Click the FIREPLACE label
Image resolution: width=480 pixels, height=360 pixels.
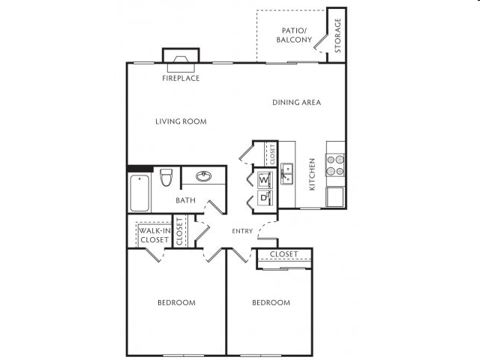(x=181, y=78)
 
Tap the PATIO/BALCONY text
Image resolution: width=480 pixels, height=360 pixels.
(x=293, y=34)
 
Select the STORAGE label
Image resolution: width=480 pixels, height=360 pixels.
(x=337, y=35)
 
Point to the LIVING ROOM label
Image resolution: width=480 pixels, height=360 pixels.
(x=181, y=121)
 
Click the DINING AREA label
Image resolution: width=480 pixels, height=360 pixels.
(x=296, y=102)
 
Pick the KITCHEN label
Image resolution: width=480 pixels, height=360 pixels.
(x=312, y=174)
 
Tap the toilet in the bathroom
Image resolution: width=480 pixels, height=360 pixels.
(x=166, y=178)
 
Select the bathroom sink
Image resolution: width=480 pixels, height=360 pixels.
(x=203, y=177)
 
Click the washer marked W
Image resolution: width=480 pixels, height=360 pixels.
(x=264, y=180)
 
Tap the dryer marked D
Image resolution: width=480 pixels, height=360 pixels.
(x=264, y=198)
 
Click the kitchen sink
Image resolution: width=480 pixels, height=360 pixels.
(x=287, y=174)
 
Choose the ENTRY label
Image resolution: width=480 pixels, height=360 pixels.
(x=242, y=231)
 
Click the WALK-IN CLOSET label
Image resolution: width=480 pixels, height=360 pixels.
(x=153, y=235)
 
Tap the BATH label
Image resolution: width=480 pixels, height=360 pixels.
(x=185, y=200)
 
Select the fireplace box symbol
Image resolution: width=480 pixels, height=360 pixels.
(x=181, y=59)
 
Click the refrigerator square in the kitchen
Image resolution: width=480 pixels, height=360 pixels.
(x=335, y=197)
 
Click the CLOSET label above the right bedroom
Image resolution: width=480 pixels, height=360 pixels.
(x=283, y=254)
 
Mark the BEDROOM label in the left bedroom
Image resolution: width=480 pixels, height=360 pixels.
(x=176, y=302)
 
